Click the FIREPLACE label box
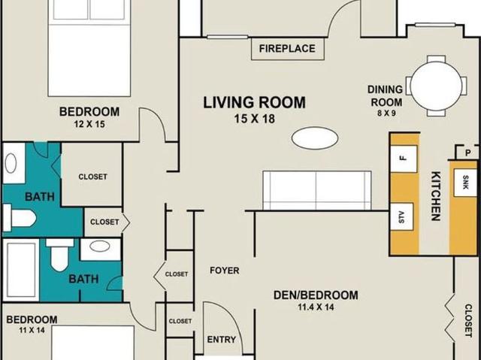[x=287, y=49]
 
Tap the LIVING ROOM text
[x=254, y=102]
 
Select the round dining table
[x=436, y=86]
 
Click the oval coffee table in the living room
[x=315, y=138]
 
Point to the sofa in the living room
[x=317, y=190]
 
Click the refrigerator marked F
[x=404, y=159]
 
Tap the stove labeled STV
[x=402, y=216]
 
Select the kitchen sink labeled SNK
[x=465, y=183]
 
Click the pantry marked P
[x=467, y=153]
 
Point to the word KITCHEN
[x=436, y=196]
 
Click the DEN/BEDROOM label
[x=316, y=295]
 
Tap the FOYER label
[x=225, y=271]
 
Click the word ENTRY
[x=222, y=340]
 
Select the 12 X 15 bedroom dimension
[x=89, y=124]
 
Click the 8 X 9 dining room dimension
[x=386, y=113]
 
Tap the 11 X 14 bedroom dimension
[x=32, y=330]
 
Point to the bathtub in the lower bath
[x=21, y=270]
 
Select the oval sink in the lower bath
[x=100, y=247]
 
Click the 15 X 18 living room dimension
[x=255, y=119]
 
